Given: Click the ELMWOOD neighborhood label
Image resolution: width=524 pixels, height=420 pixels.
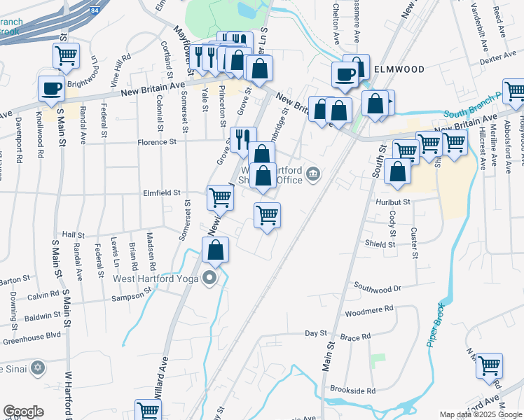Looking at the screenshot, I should [400, 69].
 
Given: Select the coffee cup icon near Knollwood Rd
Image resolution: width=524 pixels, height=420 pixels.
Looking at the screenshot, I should [51, 89].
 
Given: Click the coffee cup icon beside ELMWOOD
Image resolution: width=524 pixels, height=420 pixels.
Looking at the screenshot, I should [345, 73].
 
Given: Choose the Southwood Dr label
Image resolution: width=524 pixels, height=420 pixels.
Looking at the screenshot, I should [377, 286].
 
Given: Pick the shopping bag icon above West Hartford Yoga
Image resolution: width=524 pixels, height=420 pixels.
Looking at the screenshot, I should [216, 249].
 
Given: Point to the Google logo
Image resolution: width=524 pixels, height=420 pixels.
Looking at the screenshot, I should [23, 412].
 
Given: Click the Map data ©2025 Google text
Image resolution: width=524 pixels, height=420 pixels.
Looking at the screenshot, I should [481, 414].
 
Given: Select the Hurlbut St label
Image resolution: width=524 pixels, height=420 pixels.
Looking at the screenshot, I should [392, 201].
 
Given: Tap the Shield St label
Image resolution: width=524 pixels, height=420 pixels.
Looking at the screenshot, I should [380, 244].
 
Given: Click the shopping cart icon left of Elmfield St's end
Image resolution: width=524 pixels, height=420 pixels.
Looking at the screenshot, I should [220, 198].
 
